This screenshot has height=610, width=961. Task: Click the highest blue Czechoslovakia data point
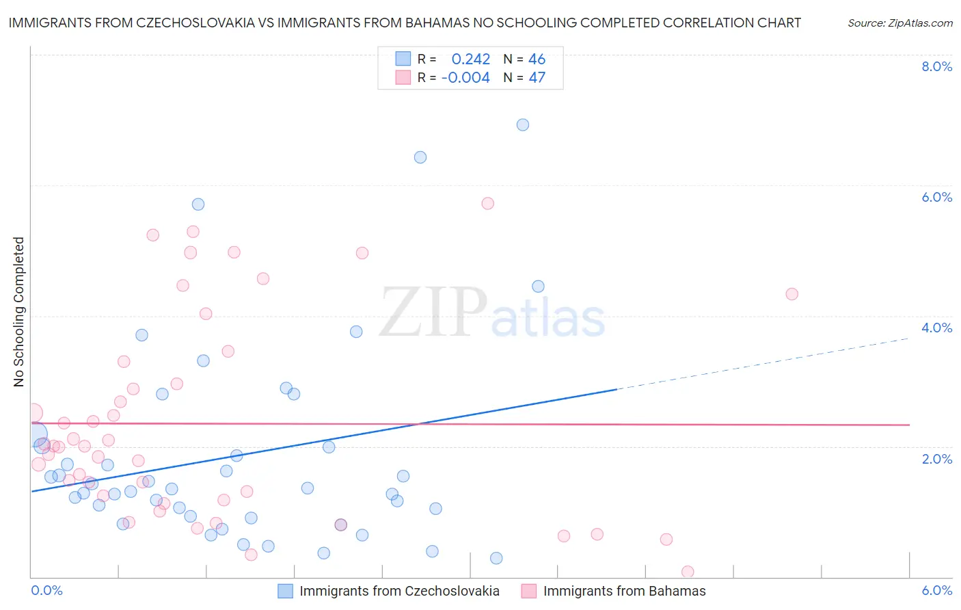point(523,124)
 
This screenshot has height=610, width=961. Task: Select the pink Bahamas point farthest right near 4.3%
point(792,294)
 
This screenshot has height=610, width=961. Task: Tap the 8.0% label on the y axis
point(936,66)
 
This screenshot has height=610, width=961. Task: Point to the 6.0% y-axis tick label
point(936,197)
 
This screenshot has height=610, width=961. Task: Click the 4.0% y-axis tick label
point(936,328)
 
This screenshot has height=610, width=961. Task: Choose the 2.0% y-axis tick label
point(936,459)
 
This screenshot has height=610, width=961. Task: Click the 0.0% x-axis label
point(46,590)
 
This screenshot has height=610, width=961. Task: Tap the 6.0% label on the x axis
point(936,590)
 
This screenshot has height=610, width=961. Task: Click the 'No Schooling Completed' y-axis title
point(19,312)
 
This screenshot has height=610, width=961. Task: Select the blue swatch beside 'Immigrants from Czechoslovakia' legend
point(285,591)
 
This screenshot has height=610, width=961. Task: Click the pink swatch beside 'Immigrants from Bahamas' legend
point(528,591)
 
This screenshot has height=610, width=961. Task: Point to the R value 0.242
point(470,59)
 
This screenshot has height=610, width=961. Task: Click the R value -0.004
point(465,78)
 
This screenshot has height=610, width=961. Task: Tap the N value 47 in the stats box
point(537,78)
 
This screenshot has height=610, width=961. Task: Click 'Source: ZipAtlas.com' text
point(899,23)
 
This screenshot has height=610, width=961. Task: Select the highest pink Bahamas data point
point(488,203)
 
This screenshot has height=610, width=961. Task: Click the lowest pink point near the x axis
point(688,572)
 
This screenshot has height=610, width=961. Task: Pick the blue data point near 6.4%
point(420,157)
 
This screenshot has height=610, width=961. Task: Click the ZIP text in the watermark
point(433,313)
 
